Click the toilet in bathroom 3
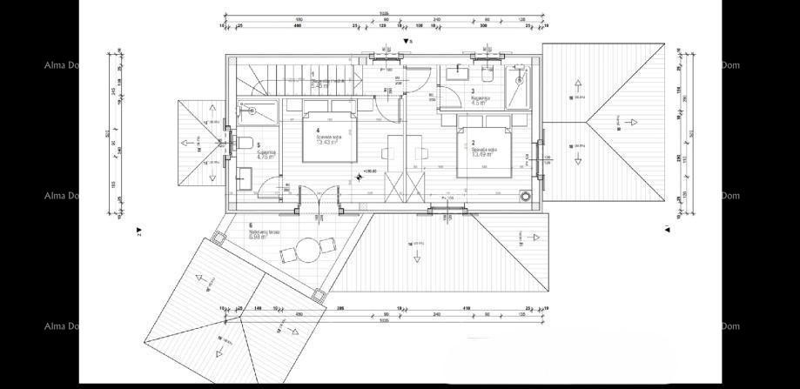click(487, 76)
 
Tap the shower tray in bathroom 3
click(521, 85)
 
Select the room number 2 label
click(474, 142)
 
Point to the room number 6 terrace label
click(251, 225)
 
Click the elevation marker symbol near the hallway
click(360, 178)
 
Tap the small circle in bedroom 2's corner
click(525, 196)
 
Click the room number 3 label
click(473, 91)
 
